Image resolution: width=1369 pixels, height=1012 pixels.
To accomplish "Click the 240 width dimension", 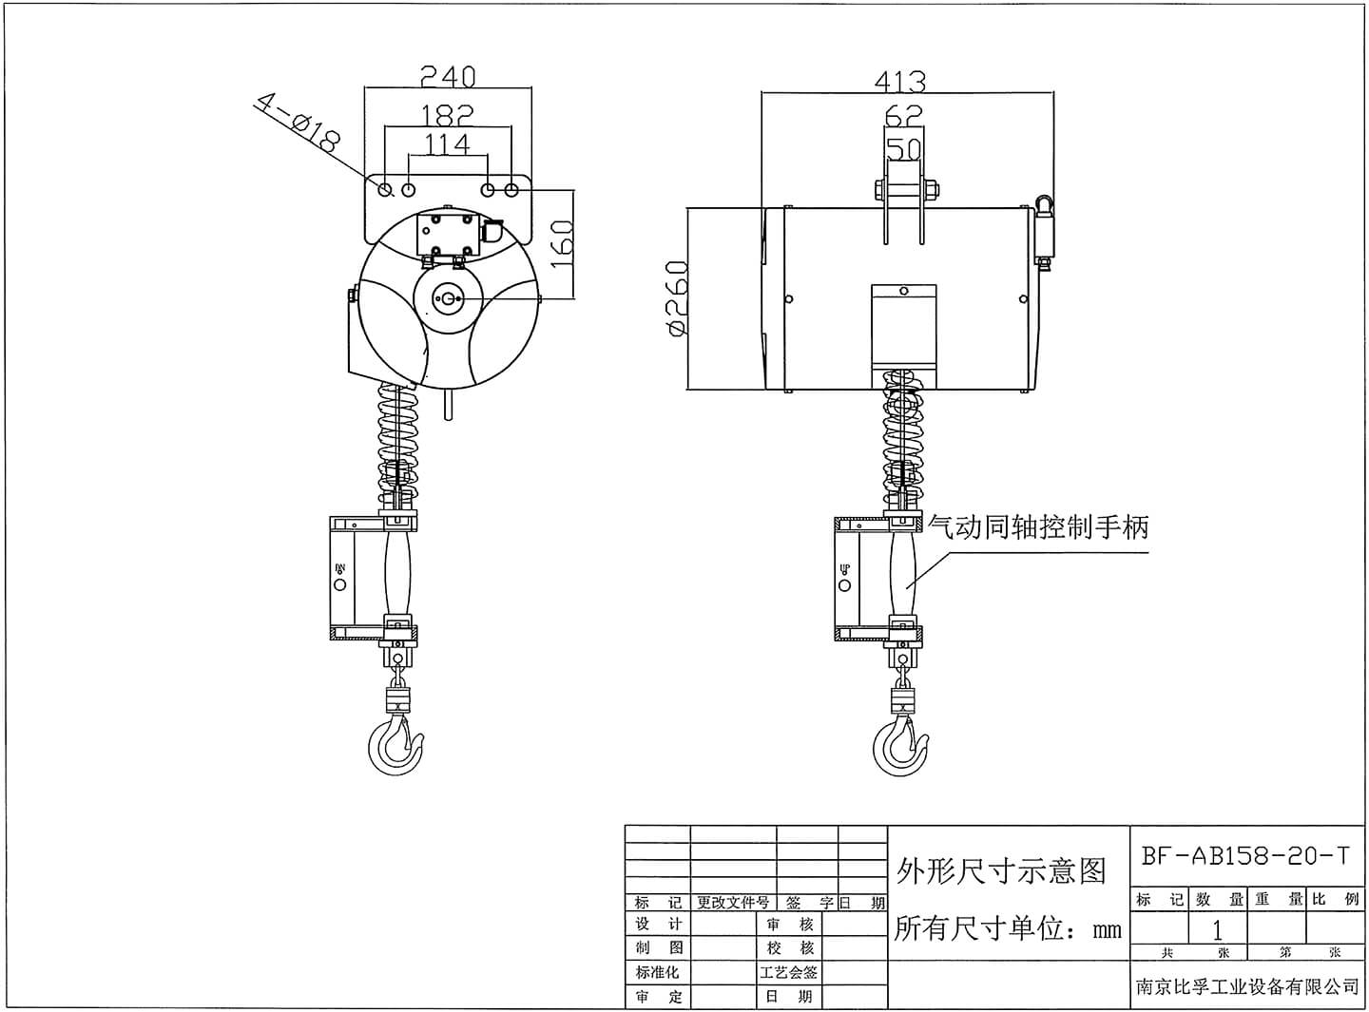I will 448,76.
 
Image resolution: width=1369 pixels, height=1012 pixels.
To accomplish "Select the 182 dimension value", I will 448,115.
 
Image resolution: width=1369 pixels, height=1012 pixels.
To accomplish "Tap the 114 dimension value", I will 448,143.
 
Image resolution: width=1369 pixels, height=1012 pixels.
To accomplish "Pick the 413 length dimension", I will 899,81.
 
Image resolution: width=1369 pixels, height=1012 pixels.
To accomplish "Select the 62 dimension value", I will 903,116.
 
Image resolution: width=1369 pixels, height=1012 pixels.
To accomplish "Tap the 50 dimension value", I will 903,148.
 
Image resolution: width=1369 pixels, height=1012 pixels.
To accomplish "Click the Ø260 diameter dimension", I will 677,298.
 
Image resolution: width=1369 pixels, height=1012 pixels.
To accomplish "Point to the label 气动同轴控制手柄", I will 1038,526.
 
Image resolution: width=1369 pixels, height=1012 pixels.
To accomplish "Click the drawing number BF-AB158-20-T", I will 1244,855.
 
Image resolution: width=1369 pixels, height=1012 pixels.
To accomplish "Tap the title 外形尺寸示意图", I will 1001,870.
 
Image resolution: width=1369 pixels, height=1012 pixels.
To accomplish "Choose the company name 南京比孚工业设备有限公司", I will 1247,987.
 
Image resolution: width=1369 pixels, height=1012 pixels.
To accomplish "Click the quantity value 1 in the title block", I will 1217,929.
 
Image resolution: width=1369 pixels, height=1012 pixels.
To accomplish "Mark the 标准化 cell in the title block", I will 659,972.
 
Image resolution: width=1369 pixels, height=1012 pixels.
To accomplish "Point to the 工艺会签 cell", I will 789,972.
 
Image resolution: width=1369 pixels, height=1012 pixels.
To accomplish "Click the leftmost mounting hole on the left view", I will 385,190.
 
